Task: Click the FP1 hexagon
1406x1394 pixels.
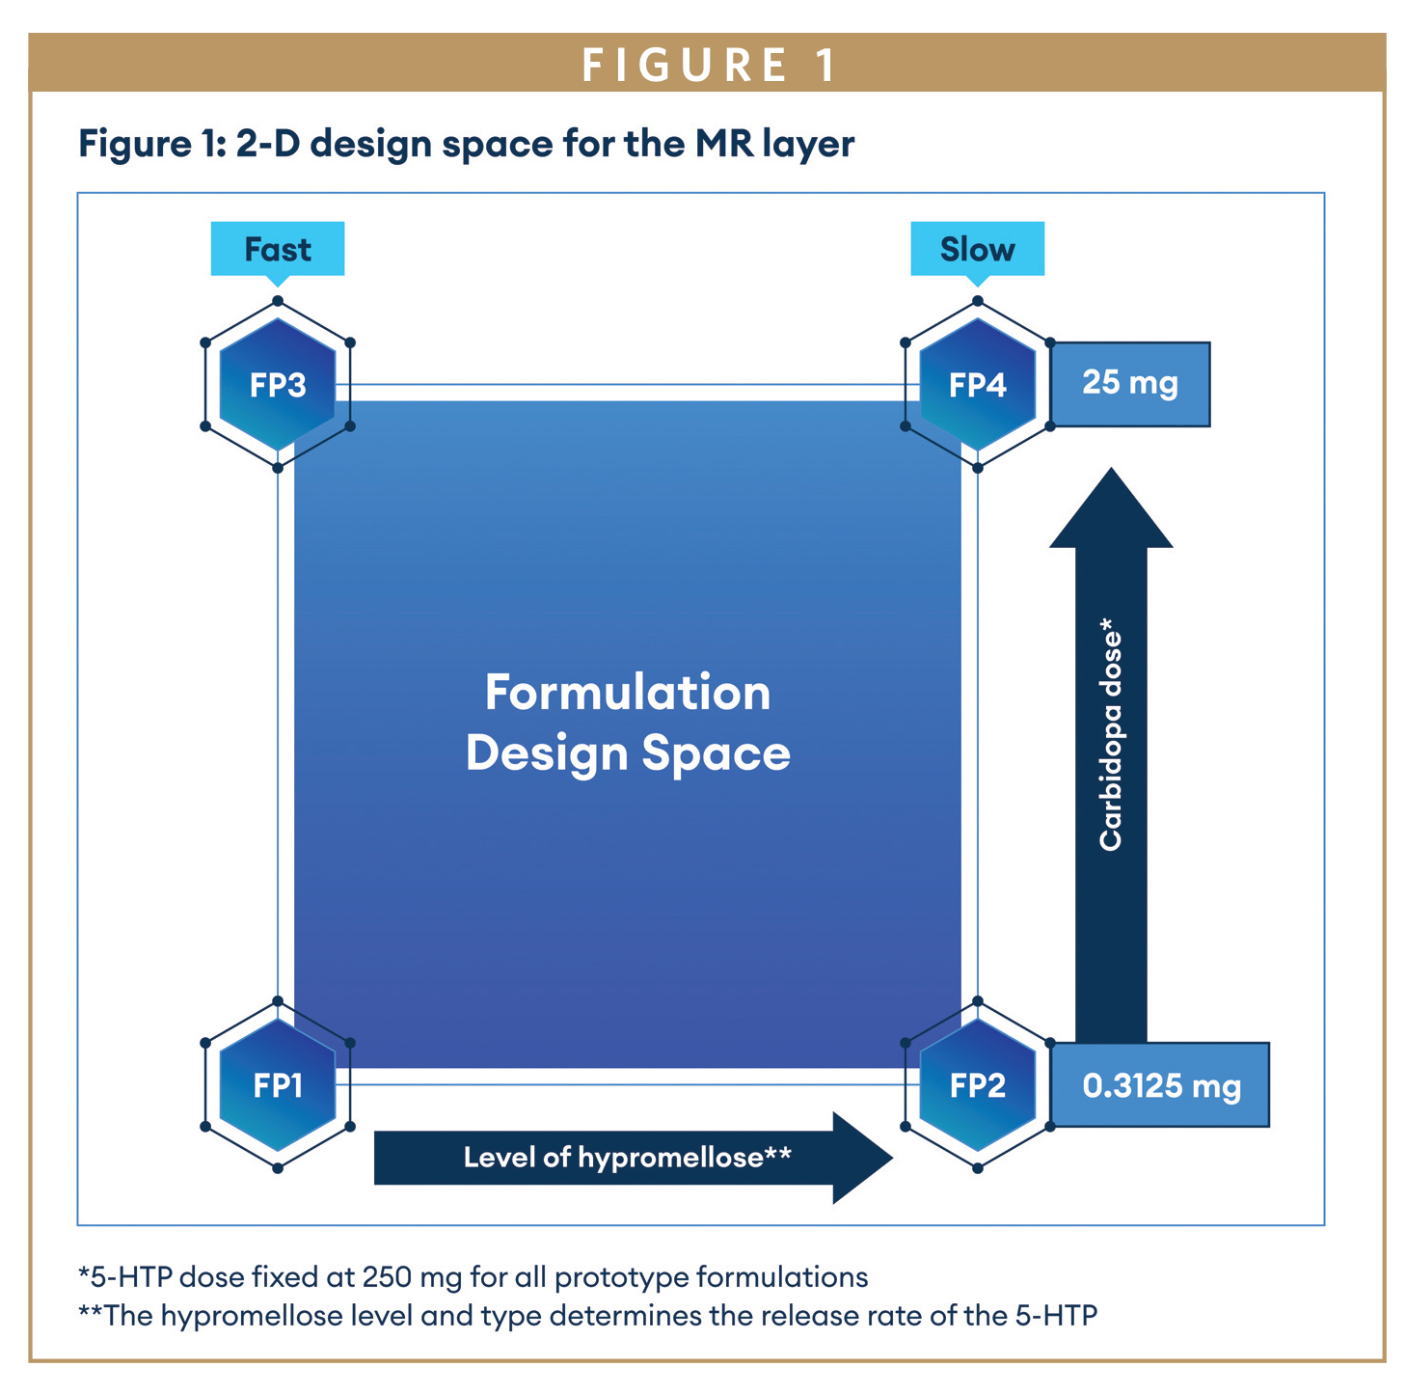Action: click(x=278, y=1085)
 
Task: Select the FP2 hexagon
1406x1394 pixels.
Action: click(x=978, y=1085)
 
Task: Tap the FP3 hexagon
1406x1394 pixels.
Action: click(x=278, y=385)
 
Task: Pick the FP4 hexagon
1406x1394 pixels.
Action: click(x=978, y=385)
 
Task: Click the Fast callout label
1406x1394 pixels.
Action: click(x=278, y=249)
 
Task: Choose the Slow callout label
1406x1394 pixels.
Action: click(x=978, y=249)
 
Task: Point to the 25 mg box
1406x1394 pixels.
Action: click(x=1130, y=384)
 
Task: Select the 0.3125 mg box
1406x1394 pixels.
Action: click(x=1161, y=1085)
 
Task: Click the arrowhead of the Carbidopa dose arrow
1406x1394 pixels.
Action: click(x=1111, y=511)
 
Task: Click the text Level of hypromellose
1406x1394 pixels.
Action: click(x=627, y=1158)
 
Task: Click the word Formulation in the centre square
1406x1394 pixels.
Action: click(x=628, y=693)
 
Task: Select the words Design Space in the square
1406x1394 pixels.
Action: click(x=628, y=753)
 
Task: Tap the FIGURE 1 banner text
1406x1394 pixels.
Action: click(x=709, y=65)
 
